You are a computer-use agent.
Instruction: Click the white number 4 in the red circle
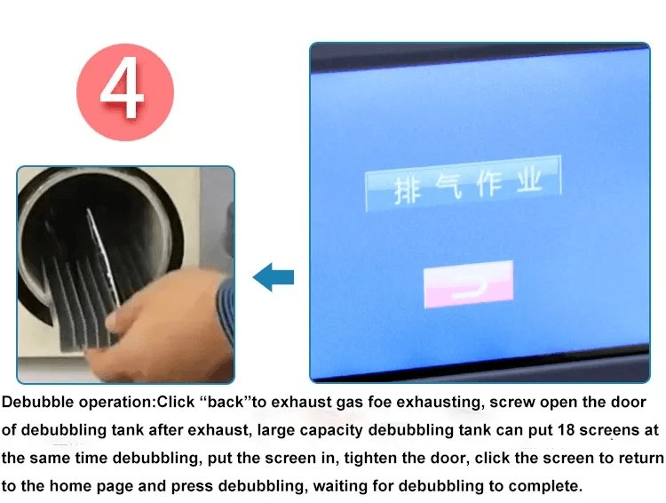pos(124,91)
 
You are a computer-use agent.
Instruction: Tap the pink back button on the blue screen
pos(468,283)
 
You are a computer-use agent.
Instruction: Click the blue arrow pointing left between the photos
pos(273,277)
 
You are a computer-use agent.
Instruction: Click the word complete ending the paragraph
pos(550,487)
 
